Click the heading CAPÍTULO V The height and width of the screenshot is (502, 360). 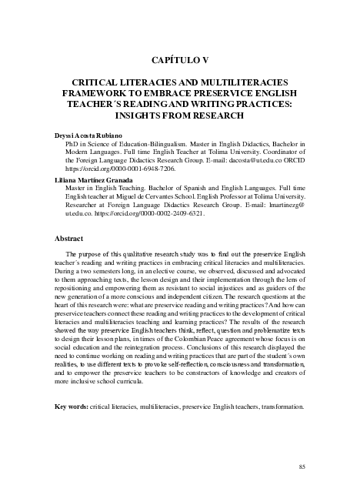coord(179,59)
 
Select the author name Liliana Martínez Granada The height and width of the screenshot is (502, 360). coord(96,179)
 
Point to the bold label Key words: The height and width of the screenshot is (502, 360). coord(72,407)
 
